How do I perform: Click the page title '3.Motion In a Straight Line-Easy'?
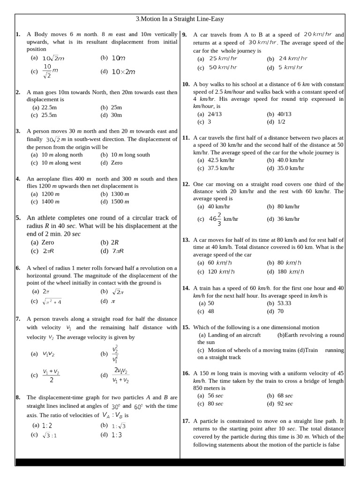(x=180, y=19)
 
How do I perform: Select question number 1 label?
(x=18, y=34)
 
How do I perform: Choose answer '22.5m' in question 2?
(x=45, y=107)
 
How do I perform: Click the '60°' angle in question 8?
(x=138, y=406)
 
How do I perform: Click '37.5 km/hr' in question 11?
(x=217, y=168)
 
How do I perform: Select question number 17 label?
(x=186, y=421)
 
